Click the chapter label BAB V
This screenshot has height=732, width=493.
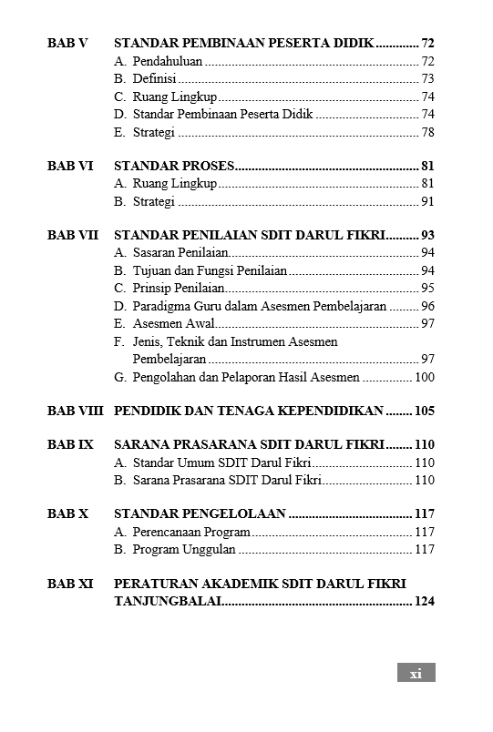pos(67,44)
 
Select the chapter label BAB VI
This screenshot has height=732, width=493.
pos(69,166)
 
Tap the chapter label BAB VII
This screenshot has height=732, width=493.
pos(72,235)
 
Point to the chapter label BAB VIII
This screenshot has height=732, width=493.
pos(75,411)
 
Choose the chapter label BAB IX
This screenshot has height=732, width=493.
pos(70,445)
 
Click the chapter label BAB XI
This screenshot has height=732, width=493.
pos(70,584)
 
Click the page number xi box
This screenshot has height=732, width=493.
pos(416,673)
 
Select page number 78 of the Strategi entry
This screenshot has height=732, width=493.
pos(427,132)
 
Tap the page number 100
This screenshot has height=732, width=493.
pos(425,377)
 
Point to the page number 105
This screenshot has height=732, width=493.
pos(425,411)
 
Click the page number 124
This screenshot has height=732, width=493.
pos(425,601)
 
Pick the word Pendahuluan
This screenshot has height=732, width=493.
pos(168,62)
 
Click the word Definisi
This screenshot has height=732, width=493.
pos(154,79)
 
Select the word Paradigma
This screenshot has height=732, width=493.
pos(162,306)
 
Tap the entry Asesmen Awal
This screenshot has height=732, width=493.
pos(174,324)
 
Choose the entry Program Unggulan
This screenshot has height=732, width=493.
pos(184,549)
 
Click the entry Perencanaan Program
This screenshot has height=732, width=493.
pos(191,532)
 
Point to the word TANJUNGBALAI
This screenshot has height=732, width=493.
pos(168,601)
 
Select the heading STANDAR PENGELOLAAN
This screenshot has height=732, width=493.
pos(200,513)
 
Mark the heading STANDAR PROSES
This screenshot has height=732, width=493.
pos(174,166)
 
